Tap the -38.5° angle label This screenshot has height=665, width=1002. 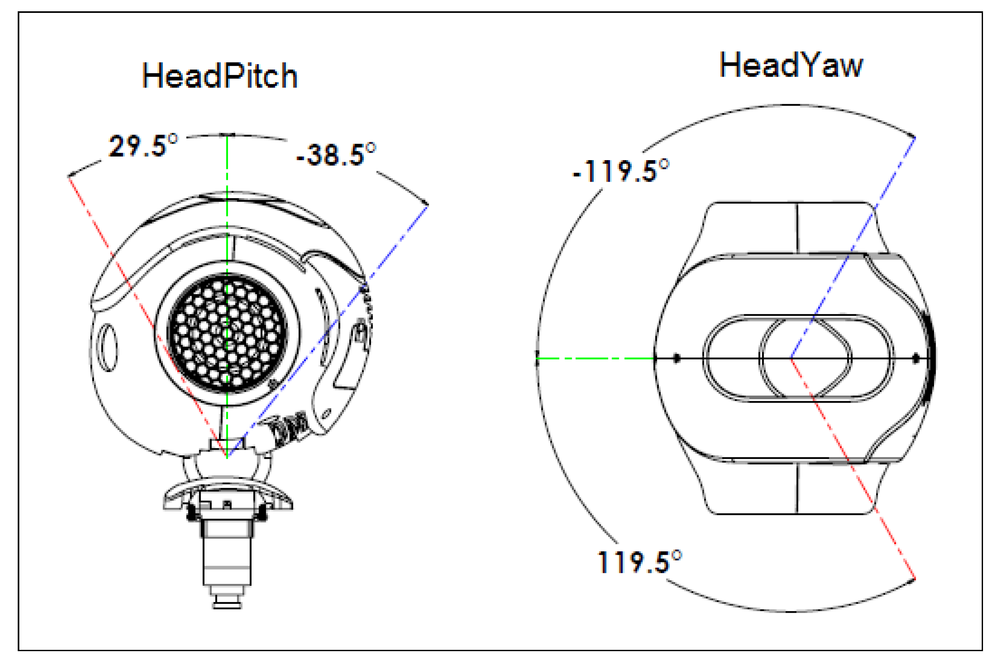336,154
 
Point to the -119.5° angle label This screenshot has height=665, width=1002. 620,171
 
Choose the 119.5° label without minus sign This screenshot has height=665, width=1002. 639,562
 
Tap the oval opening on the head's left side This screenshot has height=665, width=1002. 108,347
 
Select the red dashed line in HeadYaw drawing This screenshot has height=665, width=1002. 853,469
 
